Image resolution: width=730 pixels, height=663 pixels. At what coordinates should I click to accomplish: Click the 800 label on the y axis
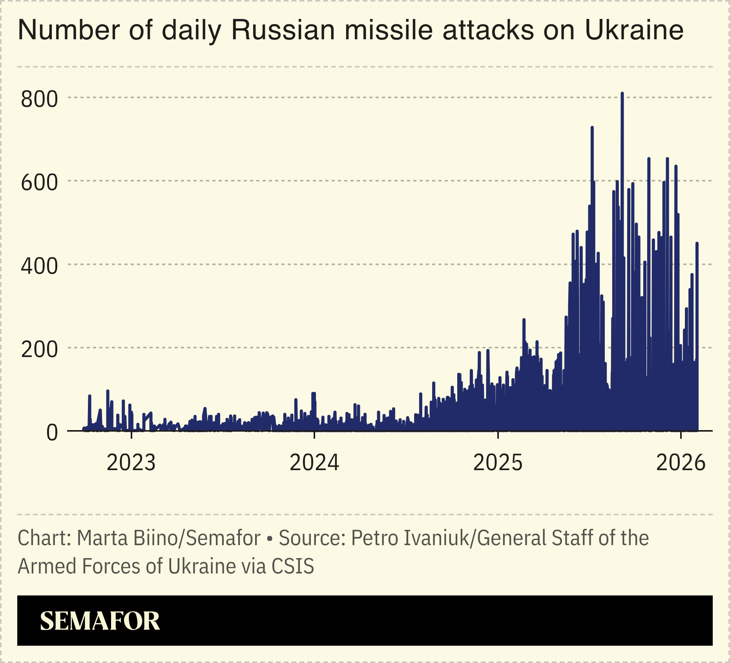coord(39,99)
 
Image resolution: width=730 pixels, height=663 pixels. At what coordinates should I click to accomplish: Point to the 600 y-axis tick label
coord(39,183)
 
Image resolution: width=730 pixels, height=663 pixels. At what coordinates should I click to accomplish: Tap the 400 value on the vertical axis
coord(39,266)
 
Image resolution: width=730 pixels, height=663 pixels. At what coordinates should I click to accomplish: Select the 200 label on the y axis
coord(39,350)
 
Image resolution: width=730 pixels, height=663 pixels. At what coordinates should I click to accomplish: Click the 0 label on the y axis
coord(52,433)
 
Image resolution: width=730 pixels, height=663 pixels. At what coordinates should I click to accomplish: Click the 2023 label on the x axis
coord(131,463)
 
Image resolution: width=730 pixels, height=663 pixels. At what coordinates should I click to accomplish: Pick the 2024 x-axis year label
coord(314,463)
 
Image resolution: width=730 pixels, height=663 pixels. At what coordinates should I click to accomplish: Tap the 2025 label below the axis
coord(498,463)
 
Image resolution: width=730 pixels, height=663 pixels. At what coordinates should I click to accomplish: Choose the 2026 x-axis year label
coord(681,463)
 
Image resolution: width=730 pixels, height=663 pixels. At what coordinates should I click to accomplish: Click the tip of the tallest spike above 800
coord(622,93)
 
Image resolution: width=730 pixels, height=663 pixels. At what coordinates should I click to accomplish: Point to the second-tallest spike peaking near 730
coord(592,128)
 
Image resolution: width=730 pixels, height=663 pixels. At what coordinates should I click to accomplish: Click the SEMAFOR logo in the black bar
coord(100,621)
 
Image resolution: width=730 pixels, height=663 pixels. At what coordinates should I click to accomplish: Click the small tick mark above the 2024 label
coord(314,434)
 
